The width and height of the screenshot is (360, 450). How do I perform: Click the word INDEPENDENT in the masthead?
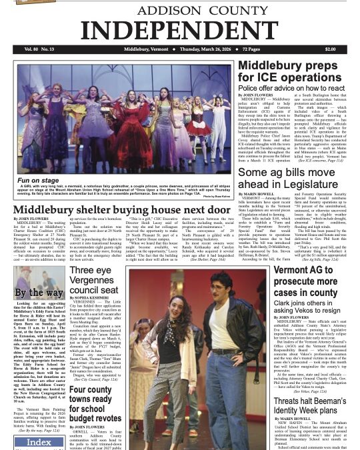(181, 29)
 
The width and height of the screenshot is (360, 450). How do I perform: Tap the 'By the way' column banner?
(39, 292)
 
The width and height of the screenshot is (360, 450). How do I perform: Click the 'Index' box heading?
(39, 443)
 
